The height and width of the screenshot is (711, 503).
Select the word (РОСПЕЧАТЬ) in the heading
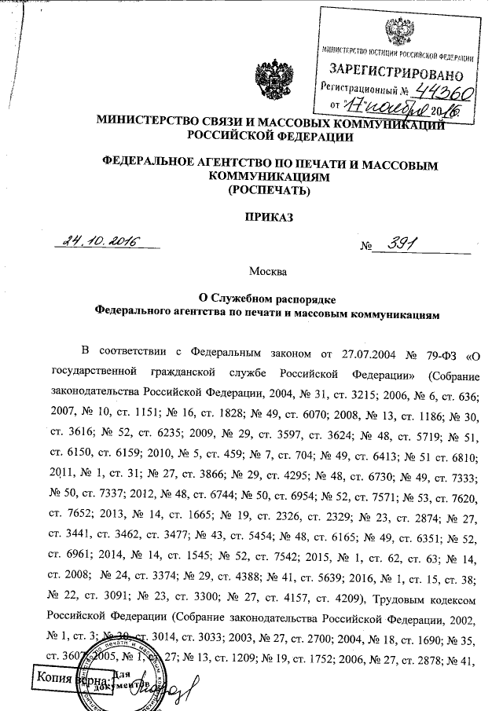[x=266, y=190]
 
